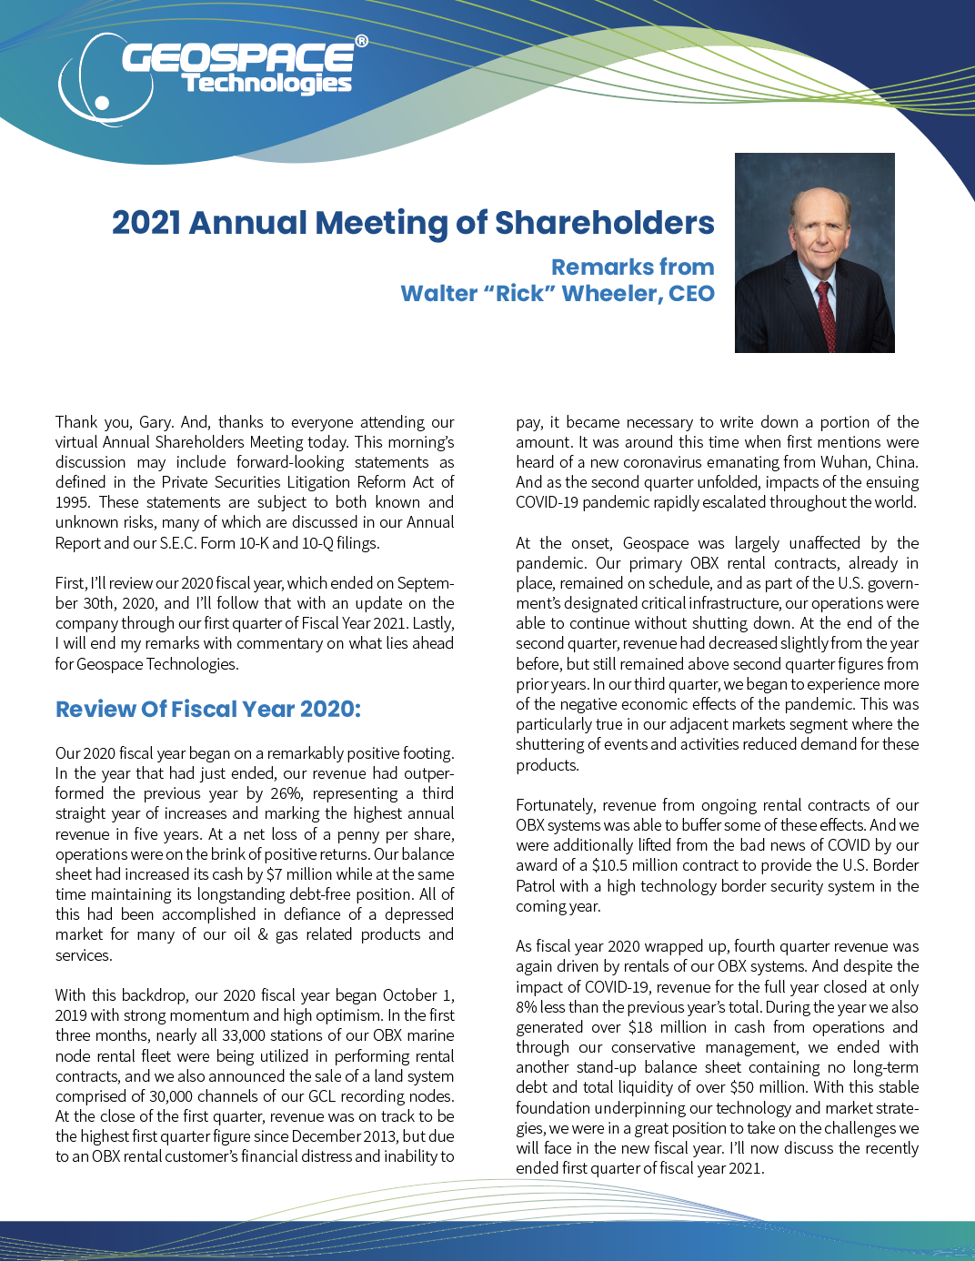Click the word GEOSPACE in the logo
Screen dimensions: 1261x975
(237, 58)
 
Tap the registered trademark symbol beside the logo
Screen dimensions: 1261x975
(361, 41)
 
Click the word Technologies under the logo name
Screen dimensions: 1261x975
(266, 84)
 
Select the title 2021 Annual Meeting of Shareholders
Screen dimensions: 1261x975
(413, 223)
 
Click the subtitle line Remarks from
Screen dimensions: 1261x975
(632, 267)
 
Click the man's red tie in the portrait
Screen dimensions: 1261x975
(826, 314)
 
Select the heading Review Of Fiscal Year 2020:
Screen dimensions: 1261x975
(208, 710)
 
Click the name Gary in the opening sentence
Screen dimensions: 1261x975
(155, 422)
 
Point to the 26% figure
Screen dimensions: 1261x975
(286, 793)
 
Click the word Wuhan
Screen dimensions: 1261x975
(844, 462)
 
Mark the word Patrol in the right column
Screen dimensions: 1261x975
(538, 886)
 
